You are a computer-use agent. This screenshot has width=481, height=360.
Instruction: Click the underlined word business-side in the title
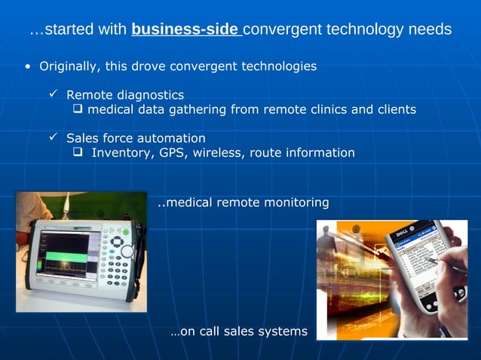click(185, 30)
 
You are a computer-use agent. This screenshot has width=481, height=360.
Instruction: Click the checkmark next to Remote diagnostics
click(54, 94)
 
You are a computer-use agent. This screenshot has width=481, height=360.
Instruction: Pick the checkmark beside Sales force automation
click(54, 138)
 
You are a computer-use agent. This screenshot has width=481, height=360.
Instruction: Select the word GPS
click(172, 153)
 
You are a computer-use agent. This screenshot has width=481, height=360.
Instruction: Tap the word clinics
click(326, 109)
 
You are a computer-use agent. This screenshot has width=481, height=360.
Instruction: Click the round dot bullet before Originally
click(28, 66)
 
